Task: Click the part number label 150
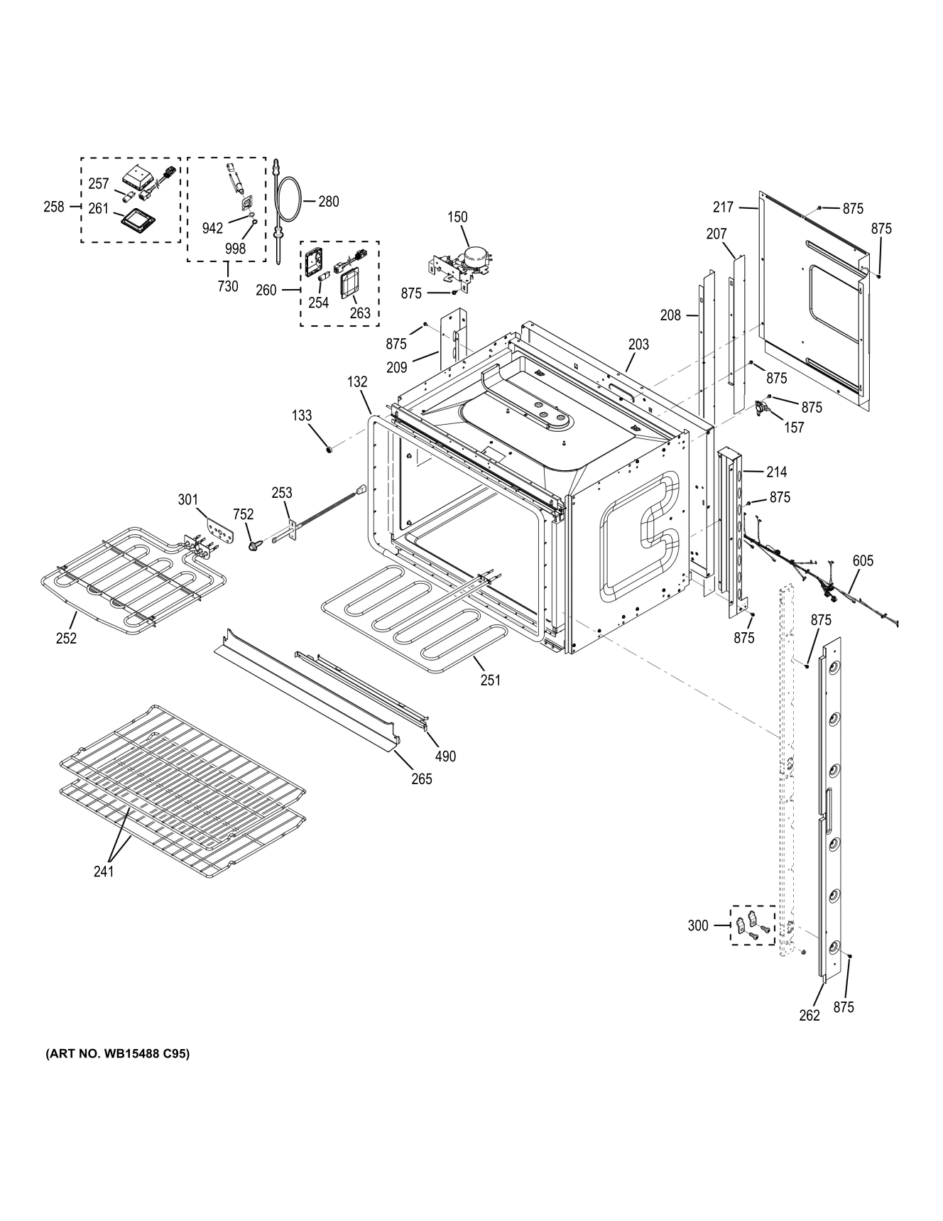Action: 457,217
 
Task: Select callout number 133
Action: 302,416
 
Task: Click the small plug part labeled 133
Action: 329,449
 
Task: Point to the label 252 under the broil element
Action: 66,638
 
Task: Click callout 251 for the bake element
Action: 490,680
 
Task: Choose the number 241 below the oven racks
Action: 104,871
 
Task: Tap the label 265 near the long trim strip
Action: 422,779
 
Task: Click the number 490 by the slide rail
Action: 445,756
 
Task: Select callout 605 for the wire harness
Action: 863,561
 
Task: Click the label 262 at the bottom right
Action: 810,1015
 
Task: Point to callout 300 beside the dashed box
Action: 698,926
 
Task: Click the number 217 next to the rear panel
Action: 723,207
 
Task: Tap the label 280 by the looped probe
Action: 328,202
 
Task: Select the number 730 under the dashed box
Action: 228,286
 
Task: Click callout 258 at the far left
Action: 53,207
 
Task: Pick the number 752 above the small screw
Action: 244,515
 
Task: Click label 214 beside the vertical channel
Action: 776,472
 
